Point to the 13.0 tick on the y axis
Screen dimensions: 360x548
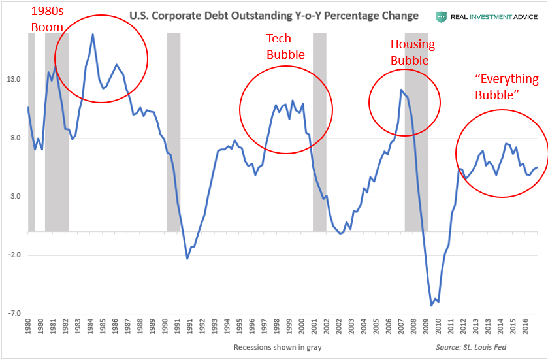pos(14,80)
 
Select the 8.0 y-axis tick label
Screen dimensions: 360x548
pos(14,139)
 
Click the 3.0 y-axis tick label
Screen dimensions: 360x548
pos(14,197)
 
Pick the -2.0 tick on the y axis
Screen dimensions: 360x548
pos(13,255)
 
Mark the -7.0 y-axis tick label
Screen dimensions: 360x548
pos(13,314)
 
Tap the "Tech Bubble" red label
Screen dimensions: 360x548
pos(285,46)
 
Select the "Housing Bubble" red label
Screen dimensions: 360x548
pos(411,52)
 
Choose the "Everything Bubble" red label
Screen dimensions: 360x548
pos(507,87)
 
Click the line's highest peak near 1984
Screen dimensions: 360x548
pos(93,34)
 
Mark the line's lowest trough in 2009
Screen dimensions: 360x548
pos(432,305)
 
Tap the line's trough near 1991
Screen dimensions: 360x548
pos(187,259)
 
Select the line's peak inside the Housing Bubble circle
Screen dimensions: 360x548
pos(401,90)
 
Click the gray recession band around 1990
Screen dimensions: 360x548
pos(174,131)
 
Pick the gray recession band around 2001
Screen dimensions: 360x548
pos(319,131)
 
